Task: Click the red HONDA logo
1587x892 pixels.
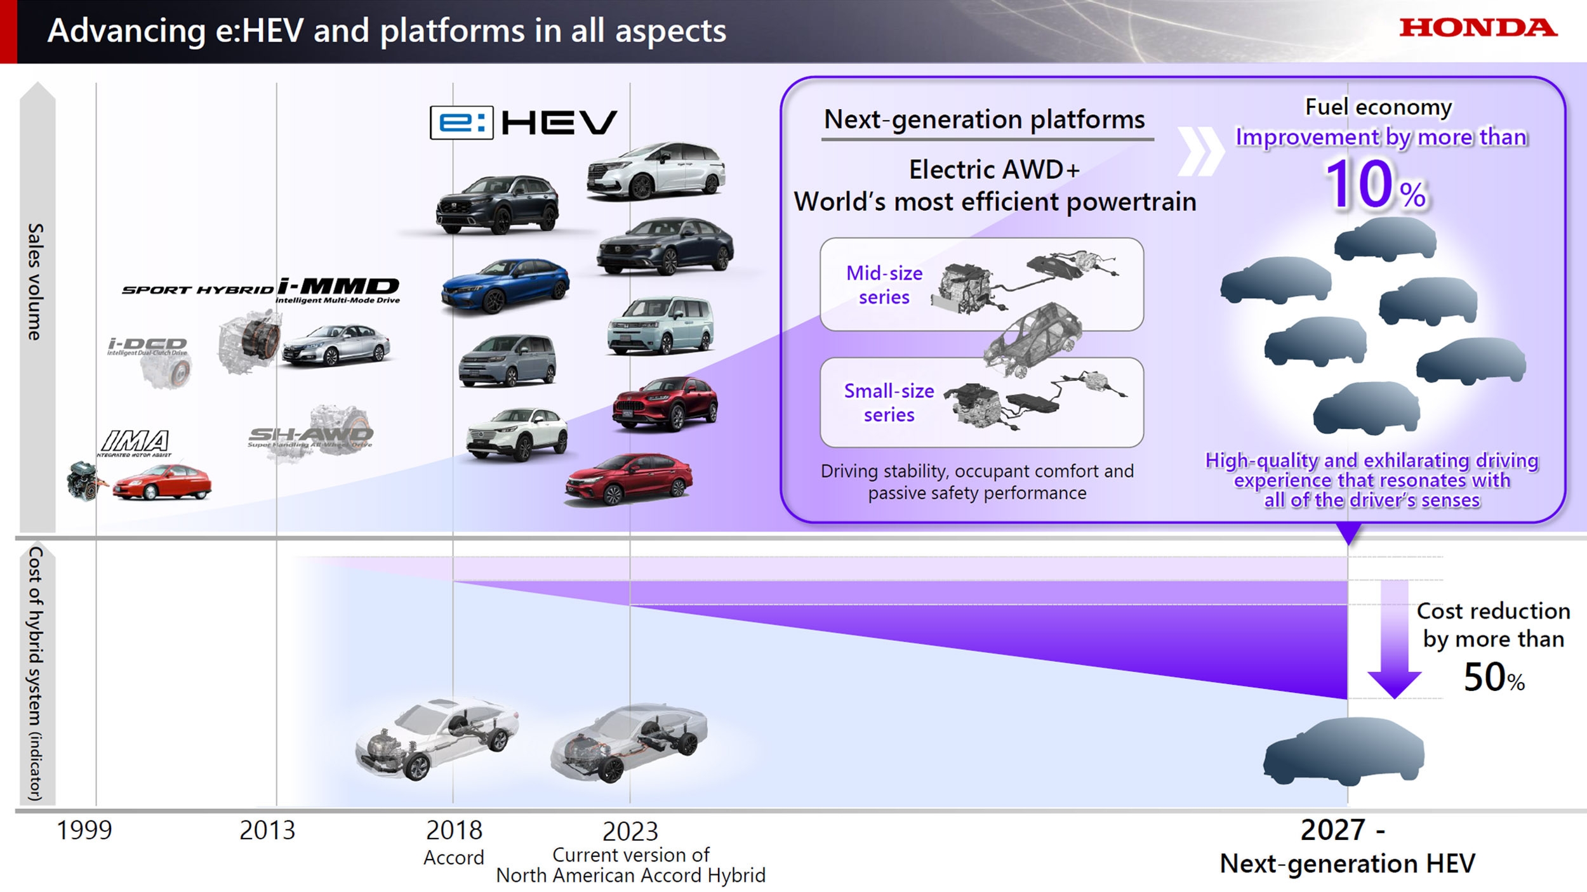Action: click(x=1478, y=27)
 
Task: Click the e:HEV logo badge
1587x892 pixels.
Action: click(x=523, y=122)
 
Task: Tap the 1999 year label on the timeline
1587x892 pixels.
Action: click(x=84, y=830)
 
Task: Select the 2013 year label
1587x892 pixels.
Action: click(x=267, y=830)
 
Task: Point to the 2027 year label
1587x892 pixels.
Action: click(x=1333, y=830)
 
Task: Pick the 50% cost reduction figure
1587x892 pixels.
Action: click(x=1493, y=677)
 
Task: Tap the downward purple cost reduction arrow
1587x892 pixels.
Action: click(x=1394, y=641)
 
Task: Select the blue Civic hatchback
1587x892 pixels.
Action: click(x=505, y=285)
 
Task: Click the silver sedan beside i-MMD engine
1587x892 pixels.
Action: click(x=336, y=345)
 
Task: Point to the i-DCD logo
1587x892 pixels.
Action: click(x=147, y=346)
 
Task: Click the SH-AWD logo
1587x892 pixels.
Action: click(x=310, y=435)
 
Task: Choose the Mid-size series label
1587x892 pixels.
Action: click(x=884, y=285)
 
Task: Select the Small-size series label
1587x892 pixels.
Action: click(x=889, y=402)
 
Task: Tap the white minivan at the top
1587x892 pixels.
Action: click(x=656, y=170)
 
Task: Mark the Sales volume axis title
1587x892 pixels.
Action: click(x=36, y=282)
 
